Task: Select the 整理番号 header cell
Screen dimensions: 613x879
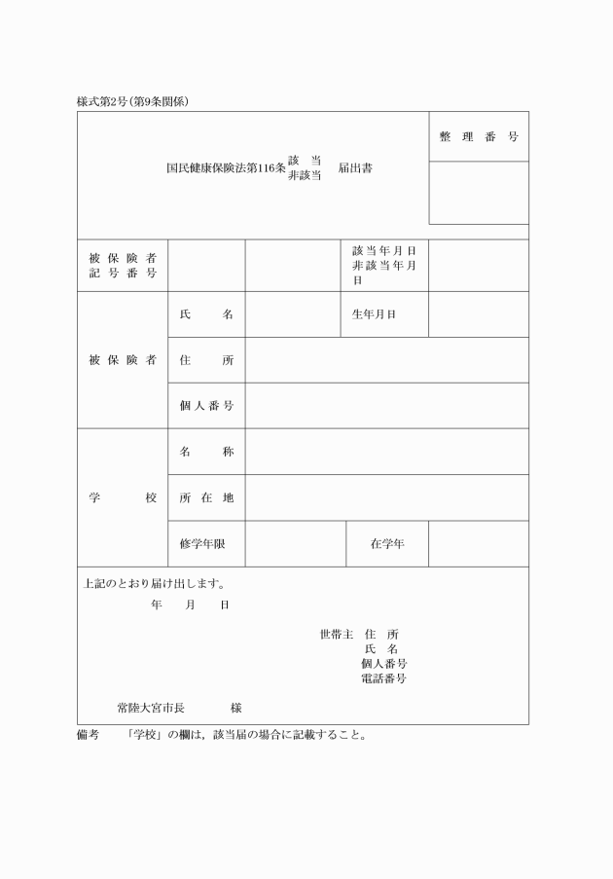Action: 479,136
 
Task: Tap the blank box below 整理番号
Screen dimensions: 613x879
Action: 479,193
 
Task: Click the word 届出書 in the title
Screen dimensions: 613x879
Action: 355,167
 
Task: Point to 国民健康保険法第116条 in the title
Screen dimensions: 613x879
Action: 226,167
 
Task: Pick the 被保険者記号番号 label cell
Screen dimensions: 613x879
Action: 123,265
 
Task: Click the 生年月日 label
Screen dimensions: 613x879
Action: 375,314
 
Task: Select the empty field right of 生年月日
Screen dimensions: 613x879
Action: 479,314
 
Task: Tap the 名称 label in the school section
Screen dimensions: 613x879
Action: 206,452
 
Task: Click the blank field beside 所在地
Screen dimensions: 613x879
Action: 386,497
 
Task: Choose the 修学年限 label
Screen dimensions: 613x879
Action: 202,544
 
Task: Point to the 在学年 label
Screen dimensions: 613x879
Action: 387,544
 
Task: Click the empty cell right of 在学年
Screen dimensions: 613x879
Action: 479,544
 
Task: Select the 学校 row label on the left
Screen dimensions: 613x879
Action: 123,497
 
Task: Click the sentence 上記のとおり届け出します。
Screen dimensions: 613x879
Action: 155,585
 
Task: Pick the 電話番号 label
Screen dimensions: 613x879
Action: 383,678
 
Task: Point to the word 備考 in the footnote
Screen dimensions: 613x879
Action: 88,735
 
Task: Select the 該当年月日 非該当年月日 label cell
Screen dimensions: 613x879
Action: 384,265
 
